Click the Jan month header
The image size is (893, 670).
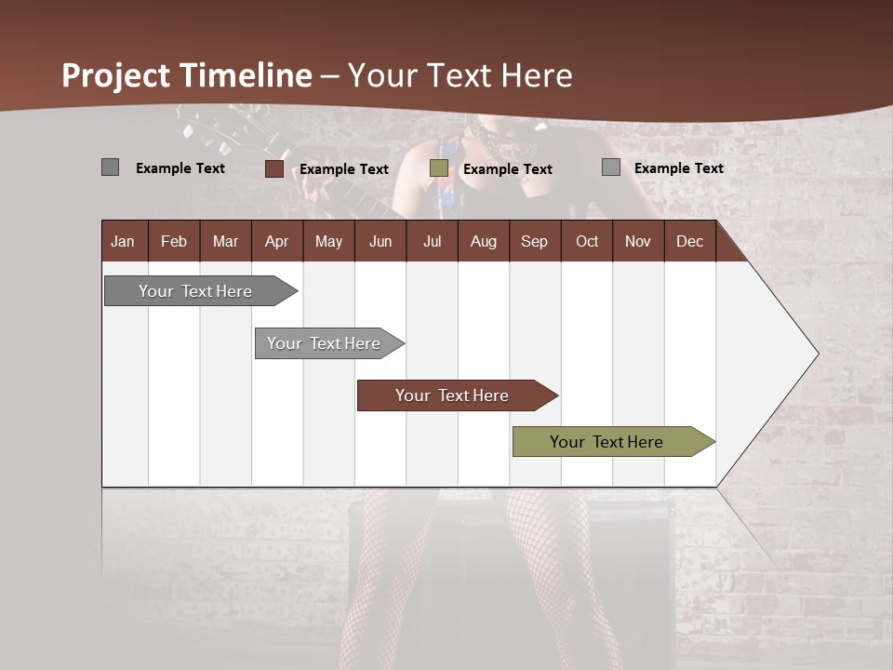[x=124, y=241]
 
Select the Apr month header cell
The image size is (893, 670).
[x=277, y=241]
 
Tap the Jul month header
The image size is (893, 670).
[x=432, y=241]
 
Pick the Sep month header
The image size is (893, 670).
[x=535, y=241]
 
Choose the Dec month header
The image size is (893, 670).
[x=689, y=241]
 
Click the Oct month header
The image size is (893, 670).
[x=587, y=241]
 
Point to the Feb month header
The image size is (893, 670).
[x=174, y=241]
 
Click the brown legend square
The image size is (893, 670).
[x=274, y=168]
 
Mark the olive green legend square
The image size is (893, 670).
[x=439, y=168]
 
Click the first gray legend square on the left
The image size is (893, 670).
[x=110, y=167]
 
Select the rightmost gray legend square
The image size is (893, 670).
[x=611, y=167]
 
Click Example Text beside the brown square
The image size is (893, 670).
[x=344, y=169]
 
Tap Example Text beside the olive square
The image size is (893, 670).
[x=508, y=169]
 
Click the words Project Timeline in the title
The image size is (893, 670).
[x=187, y=75]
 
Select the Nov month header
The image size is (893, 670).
[x=638, y=241]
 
